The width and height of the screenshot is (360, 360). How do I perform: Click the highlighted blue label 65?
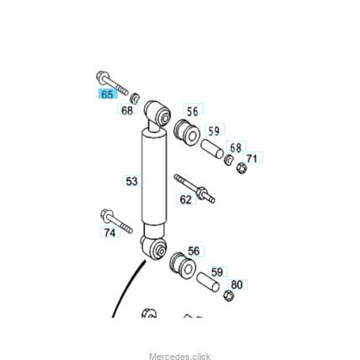[108, 94]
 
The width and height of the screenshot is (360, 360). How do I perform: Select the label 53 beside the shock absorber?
[132, 181]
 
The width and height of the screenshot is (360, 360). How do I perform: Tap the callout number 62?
[186, 199]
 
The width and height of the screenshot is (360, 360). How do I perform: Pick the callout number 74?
[110, 232]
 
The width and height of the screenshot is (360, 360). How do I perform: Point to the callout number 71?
[252, 157]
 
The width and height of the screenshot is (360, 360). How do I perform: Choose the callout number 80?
[237, 285]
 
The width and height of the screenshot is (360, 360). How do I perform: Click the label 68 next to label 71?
[236, 147]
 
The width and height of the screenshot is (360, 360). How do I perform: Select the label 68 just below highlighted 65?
[127, 110]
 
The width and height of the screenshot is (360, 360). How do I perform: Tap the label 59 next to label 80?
[218, 271]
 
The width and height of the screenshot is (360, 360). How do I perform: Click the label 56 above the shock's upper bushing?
[193, 111]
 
